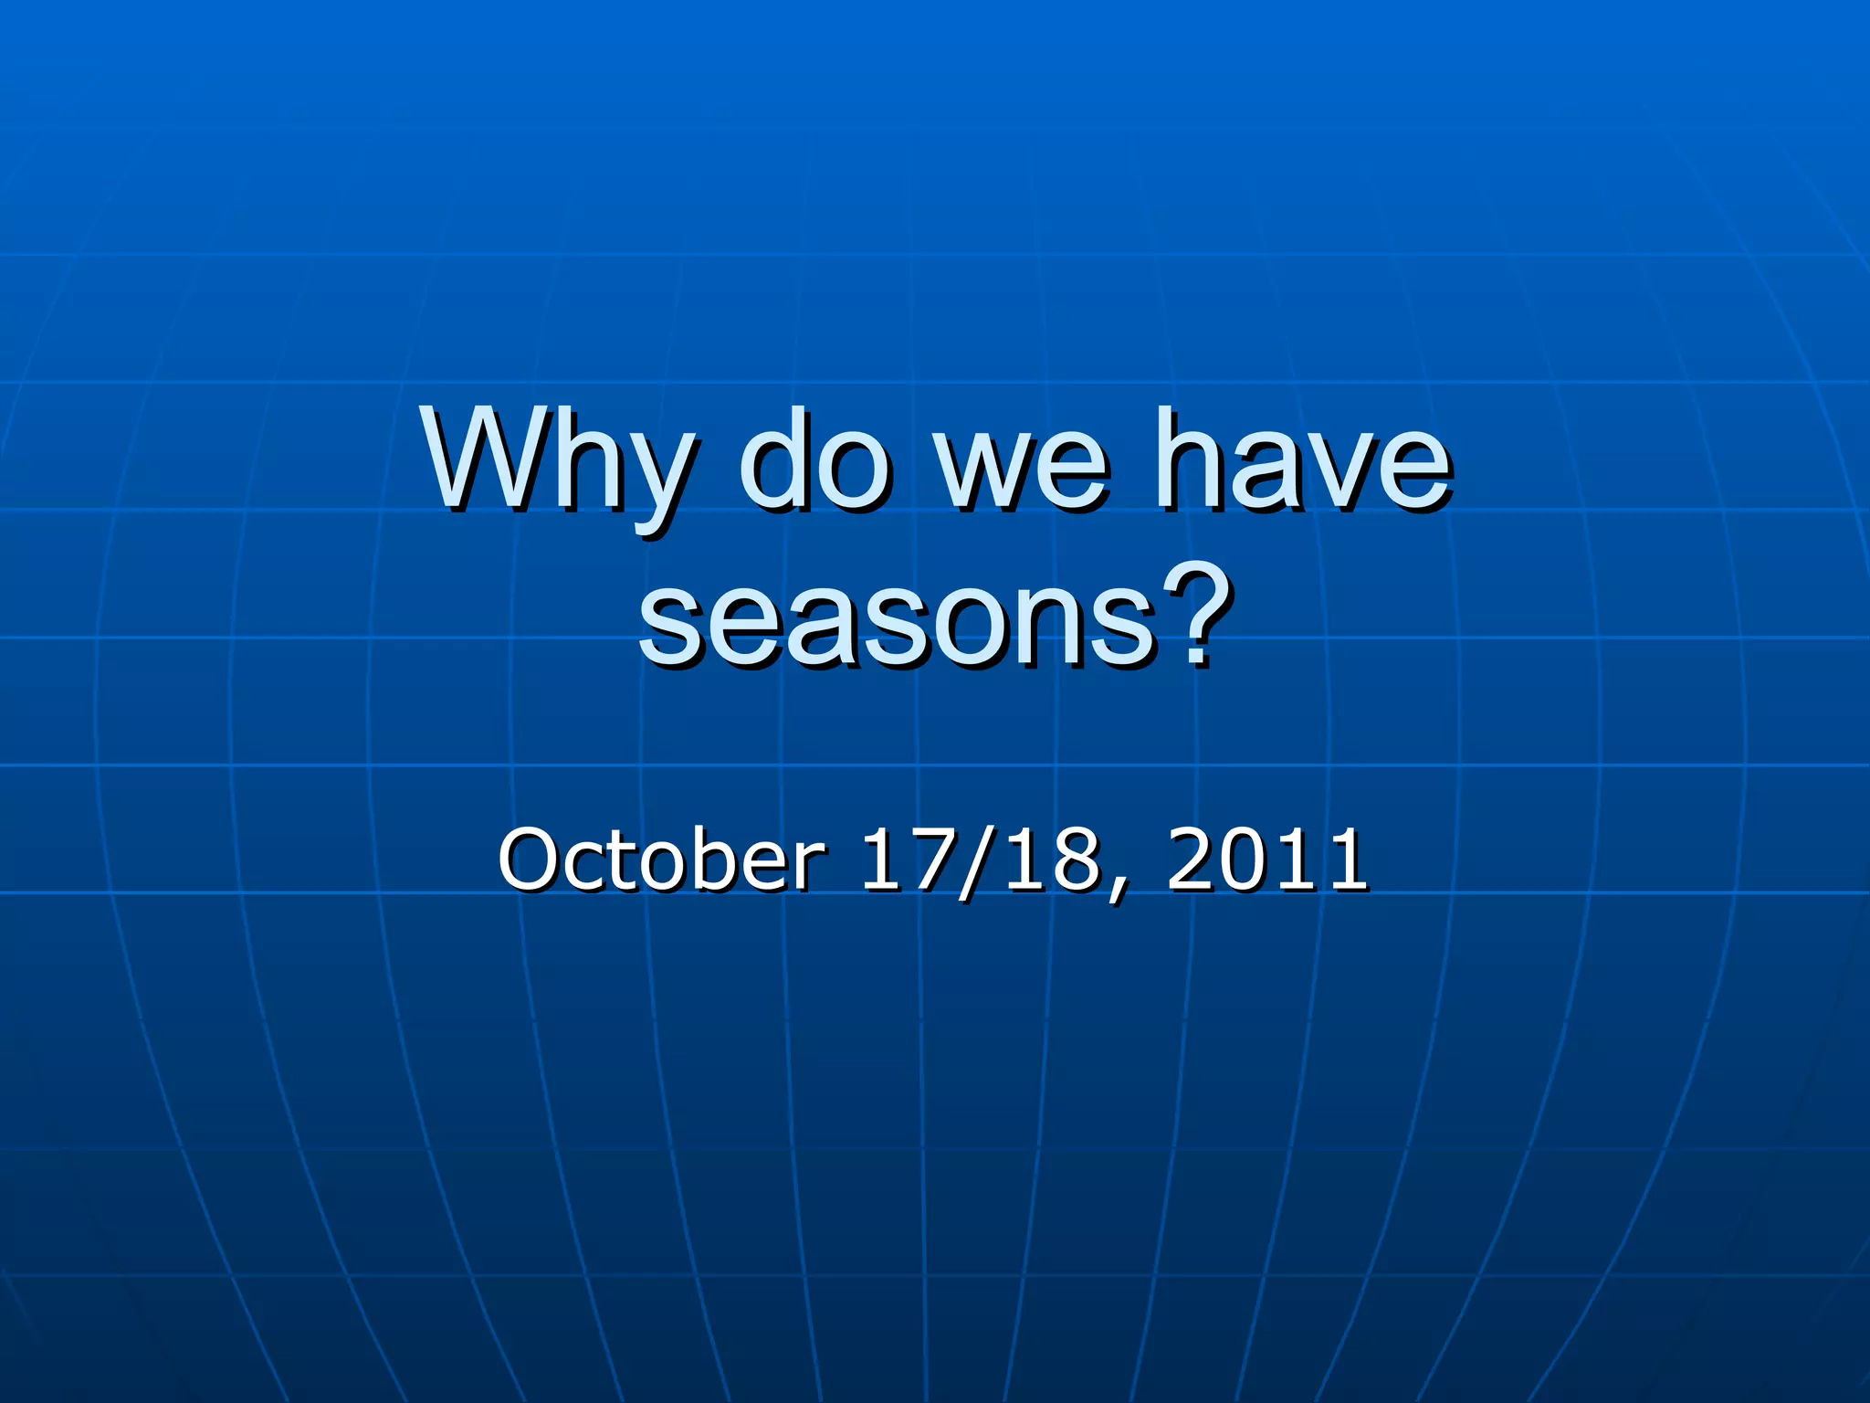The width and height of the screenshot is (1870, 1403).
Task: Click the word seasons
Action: [x=895, y=622]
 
